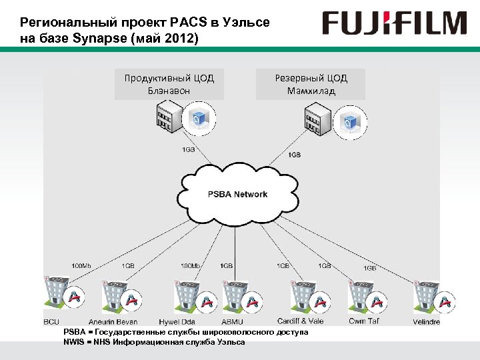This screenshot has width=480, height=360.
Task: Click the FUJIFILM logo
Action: pos(394,23)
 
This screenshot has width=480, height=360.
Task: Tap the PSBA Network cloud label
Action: pos(237,195)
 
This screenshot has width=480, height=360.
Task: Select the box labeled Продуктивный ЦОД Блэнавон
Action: pos(169,84)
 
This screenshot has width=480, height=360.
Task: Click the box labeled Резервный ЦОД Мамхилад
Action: pos(311,84)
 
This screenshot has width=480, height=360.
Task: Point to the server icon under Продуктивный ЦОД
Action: pos(167,119)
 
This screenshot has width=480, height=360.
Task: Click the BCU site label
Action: pos(51,322)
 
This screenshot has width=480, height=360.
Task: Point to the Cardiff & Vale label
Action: pos(301,322)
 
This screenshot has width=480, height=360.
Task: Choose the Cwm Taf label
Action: pos(364,322)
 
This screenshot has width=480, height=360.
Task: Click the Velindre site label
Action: pos(427,322)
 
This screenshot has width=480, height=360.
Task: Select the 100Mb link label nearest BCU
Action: pos(81,266)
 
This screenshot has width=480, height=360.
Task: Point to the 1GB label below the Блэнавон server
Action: pos(188,149)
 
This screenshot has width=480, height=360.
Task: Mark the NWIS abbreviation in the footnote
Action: pos(73,342)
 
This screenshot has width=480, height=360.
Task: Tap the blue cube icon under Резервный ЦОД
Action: pos(349,122)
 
